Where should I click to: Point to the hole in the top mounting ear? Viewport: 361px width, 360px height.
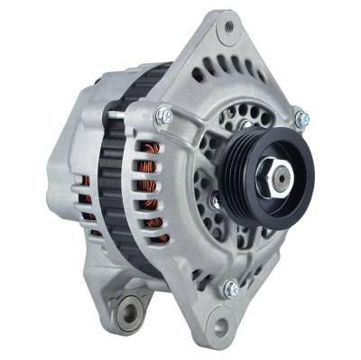pyautogui.click(x=229, y=26)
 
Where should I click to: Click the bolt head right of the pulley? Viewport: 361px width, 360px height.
pyautogui.click(x=301, y=118)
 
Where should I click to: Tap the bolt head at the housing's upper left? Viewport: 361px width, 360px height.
pyautogui.click(x=163, y=115)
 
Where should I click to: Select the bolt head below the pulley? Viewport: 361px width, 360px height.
pyautogui.click(x=232, y=289)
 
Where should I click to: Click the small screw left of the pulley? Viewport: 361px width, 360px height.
pyautogui.click(x=217, y=202)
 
